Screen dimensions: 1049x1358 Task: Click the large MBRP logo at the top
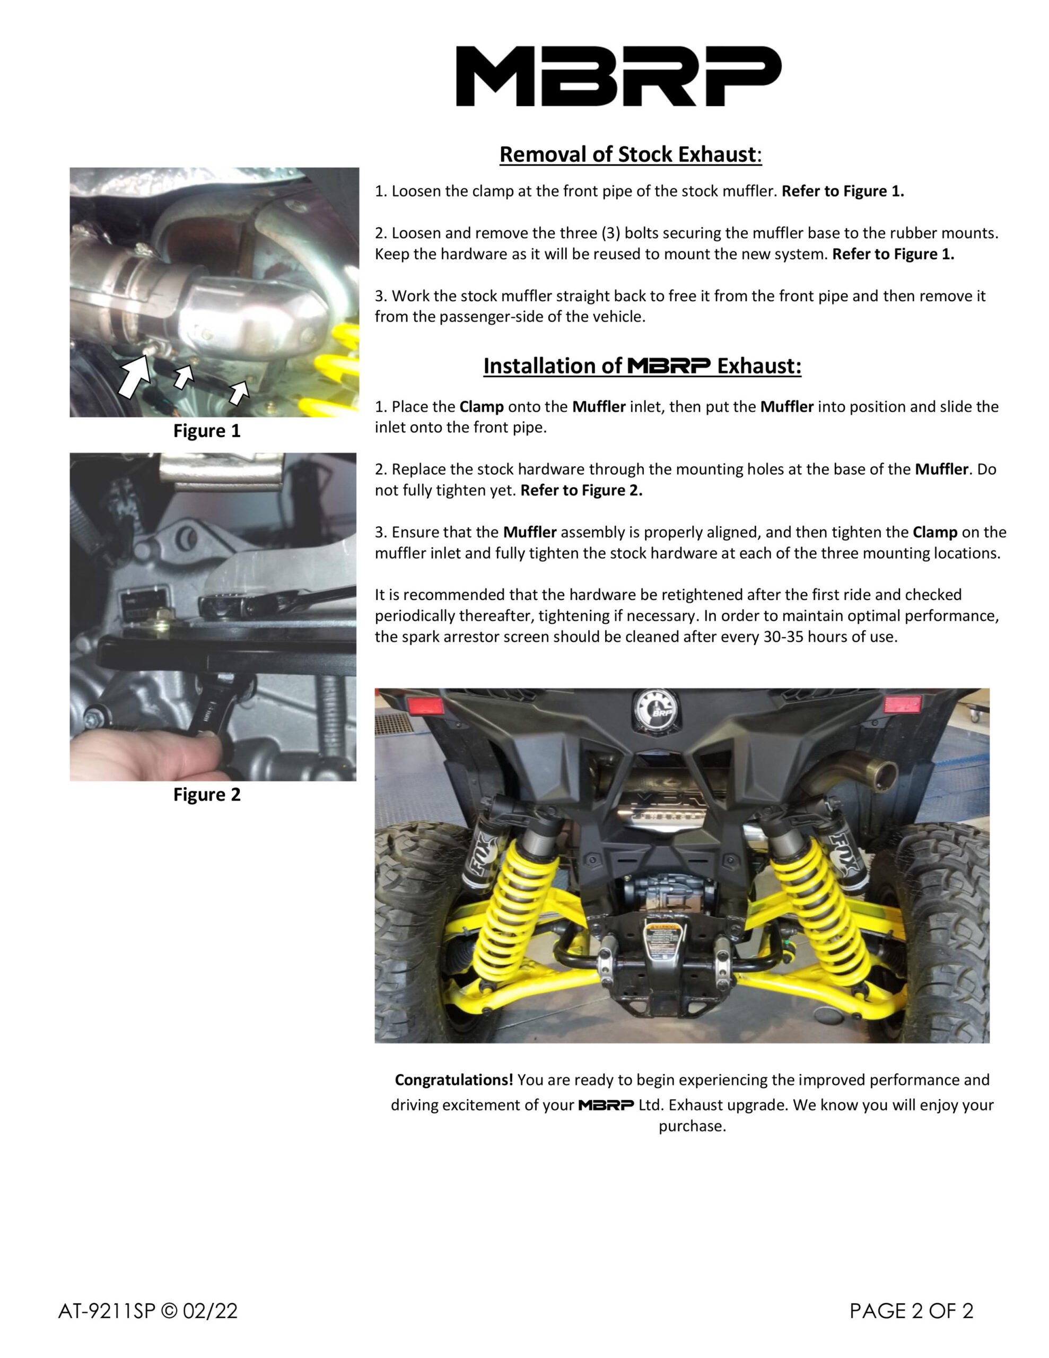(619, 76)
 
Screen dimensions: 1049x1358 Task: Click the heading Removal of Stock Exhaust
(630, 154)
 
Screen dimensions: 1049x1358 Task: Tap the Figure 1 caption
(206, 431)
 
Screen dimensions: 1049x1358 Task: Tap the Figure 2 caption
(206, 795)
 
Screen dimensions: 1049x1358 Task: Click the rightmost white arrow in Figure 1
(239, 393)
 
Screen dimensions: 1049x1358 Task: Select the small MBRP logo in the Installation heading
(668, 365)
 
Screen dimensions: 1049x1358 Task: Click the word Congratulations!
(454, 1080)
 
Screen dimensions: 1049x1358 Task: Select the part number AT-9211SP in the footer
(106, 1311)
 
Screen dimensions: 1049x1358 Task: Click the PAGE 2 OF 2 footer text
(912, 1311)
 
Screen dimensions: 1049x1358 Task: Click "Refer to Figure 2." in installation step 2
(581, 490)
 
